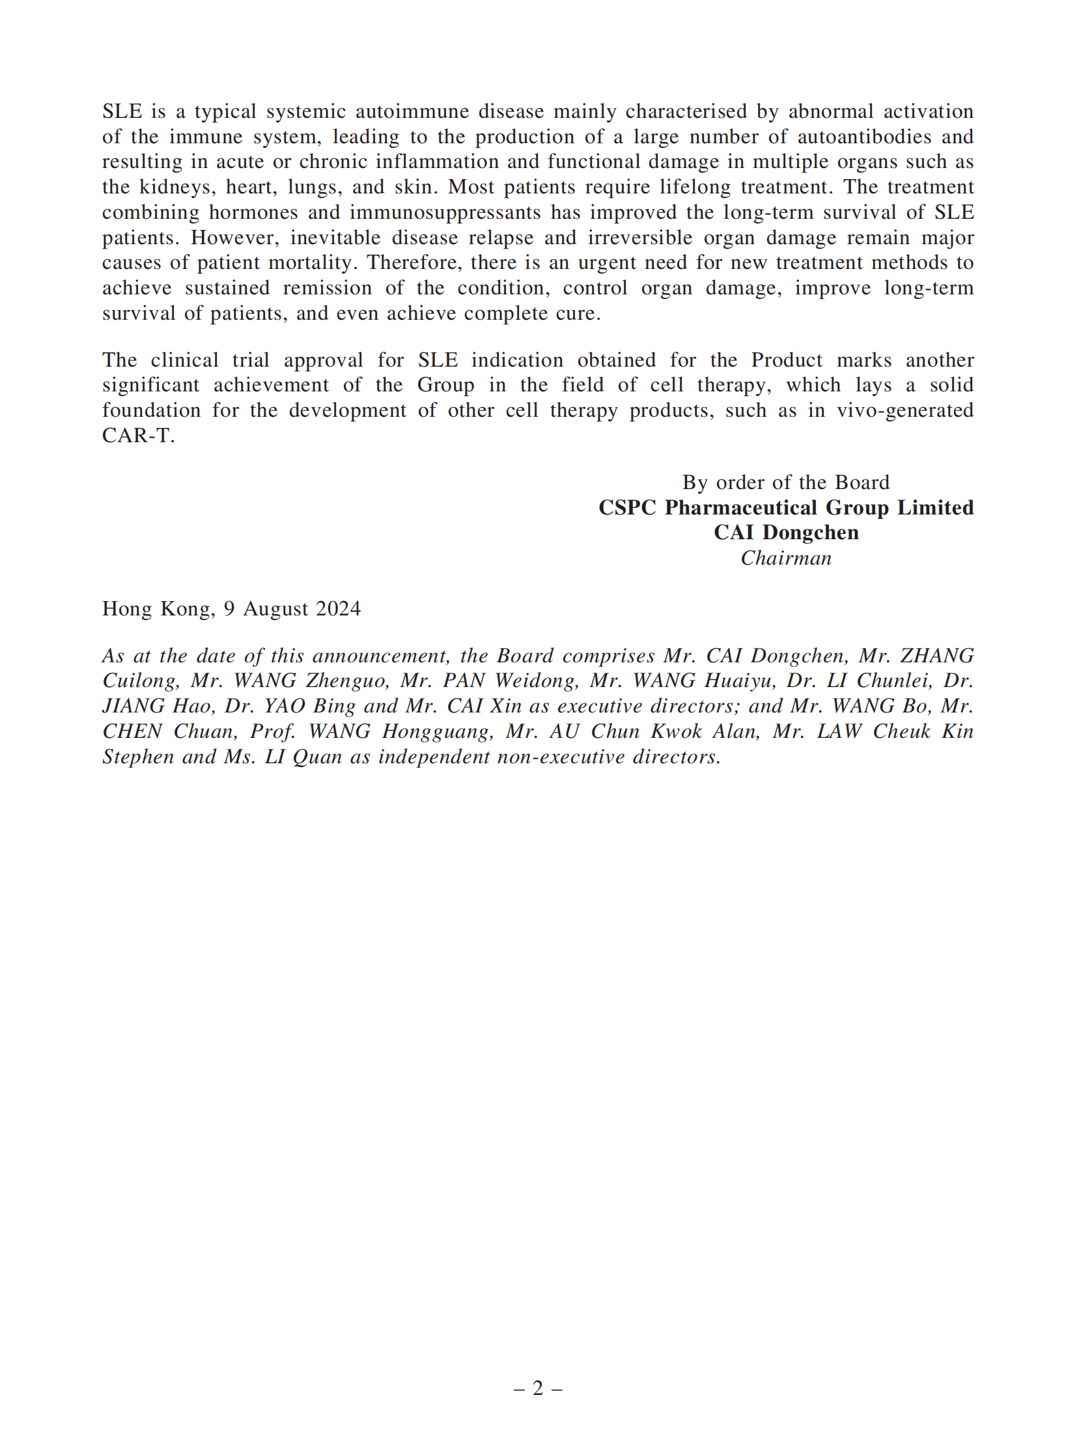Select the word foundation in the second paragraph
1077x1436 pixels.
[151, 411]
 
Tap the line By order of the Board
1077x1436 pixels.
[785, 483]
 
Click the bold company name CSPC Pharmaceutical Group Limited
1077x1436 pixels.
[785, 508]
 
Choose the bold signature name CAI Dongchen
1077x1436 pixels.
[786, 533]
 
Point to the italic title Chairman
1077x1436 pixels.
[786, 559]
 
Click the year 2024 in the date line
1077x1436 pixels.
[338, 609]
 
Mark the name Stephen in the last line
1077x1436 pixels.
[138, 757]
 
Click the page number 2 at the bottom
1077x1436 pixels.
[538, 1388]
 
